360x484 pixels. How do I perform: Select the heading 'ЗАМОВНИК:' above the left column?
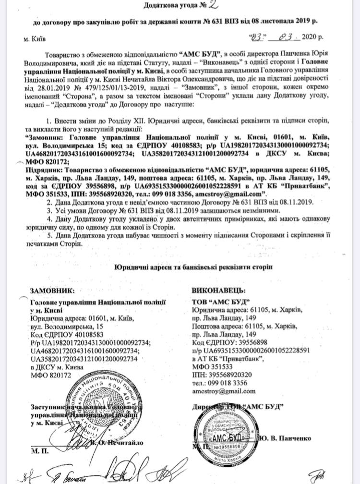(52, 291)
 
